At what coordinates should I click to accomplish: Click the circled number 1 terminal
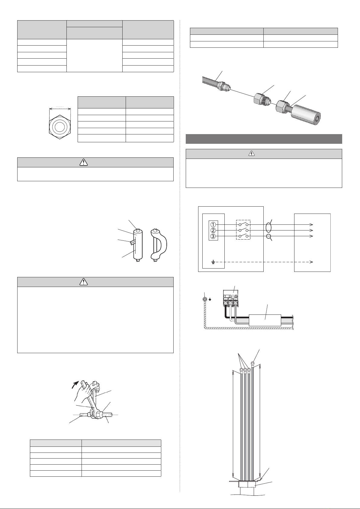point(213,224)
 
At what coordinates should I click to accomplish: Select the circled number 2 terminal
point(213,230)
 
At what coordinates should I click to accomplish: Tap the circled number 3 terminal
point(213,236)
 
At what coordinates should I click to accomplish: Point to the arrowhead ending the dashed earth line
point(311,262)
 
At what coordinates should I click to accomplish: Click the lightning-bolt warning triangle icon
point(252,154)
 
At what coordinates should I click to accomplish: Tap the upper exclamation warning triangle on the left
point(84,162)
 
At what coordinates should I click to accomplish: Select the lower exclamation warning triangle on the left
point(84,282)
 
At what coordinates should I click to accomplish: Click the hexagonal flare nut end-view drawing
point(60,127)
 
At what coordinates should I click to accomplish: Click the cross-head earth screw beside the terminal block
point(205,299)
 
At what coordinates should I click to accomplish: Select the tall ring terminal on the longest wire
point(252,363)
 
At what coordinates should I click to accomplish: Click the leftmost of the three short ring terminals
point(241,370)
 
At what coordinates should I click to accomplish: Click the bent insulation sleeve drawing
point(159,245)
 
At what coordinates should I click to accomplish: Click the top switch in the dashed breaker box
point(243,224)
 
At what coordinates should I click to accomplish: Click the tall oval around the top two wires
point(268,227)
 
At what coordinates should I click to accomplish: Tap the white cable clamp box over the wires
point(265,320)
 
